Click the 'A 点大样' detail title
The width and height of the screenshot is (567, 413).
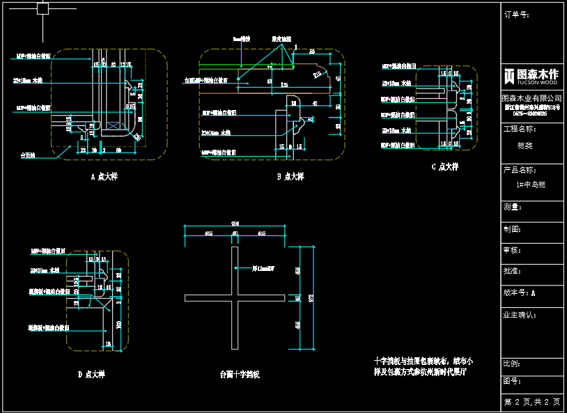point(104,177)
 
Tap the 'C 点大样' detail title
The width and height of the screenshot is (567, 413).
point(444,167)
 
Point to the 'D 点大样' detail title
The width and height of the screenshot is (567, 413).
point(91,375)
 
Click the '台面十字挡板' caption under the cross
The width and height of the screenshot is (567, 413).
point(240,375)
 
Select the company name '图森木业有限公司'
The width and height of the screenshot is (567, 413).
point(532,98)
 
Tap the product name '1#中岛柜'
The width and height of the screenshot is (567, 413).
point(531,185)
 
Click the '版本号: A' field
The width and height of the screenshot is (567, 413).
point(520,293)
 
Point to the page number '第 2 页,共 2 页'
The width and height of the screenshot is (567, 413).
point(532,403)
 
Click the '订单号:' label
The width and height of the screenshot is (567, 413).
point(516,14)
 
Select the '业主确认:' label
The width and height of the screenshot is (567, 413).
point(520,315)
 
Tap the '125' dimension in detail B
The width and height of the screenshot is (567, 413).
point(283,84)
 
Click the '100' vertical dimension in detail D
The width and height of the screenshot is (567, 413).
point(118,325)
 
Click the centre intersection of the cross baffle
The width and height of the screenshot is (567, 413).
point(235,298)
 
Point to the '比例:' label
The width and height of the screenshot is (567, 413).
point(512,364)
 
